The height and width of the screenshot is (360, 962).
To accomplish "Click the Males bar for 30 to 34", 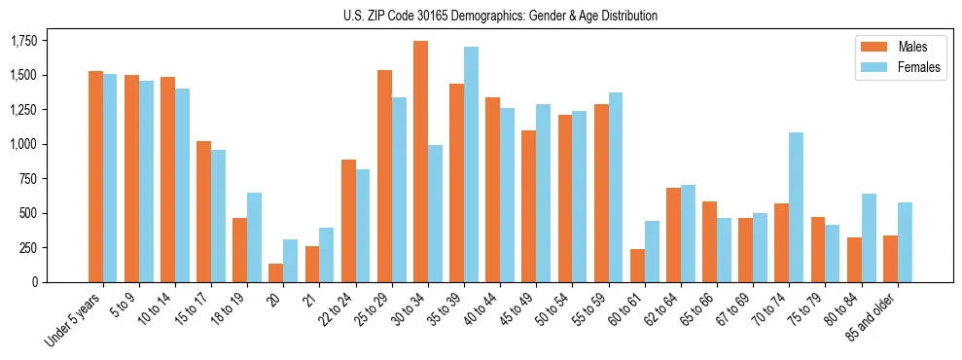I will (421, 162).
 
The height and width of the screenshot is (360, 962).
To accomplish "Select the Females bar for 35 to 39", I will (471, 164).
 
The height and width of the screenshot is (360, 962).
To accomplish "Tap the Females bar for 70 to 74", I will (796, 207).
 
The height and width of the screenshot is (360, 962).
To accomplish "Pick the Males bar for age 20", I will (276, 272).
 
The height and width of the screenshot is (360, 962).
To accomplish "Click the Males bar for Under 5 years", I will (95, 176).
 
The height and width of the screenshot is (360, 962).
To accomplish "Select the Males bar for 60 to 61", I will (637, 266).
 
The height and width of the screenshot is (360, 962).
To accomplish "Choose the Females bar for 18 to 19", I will (254, 237).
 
